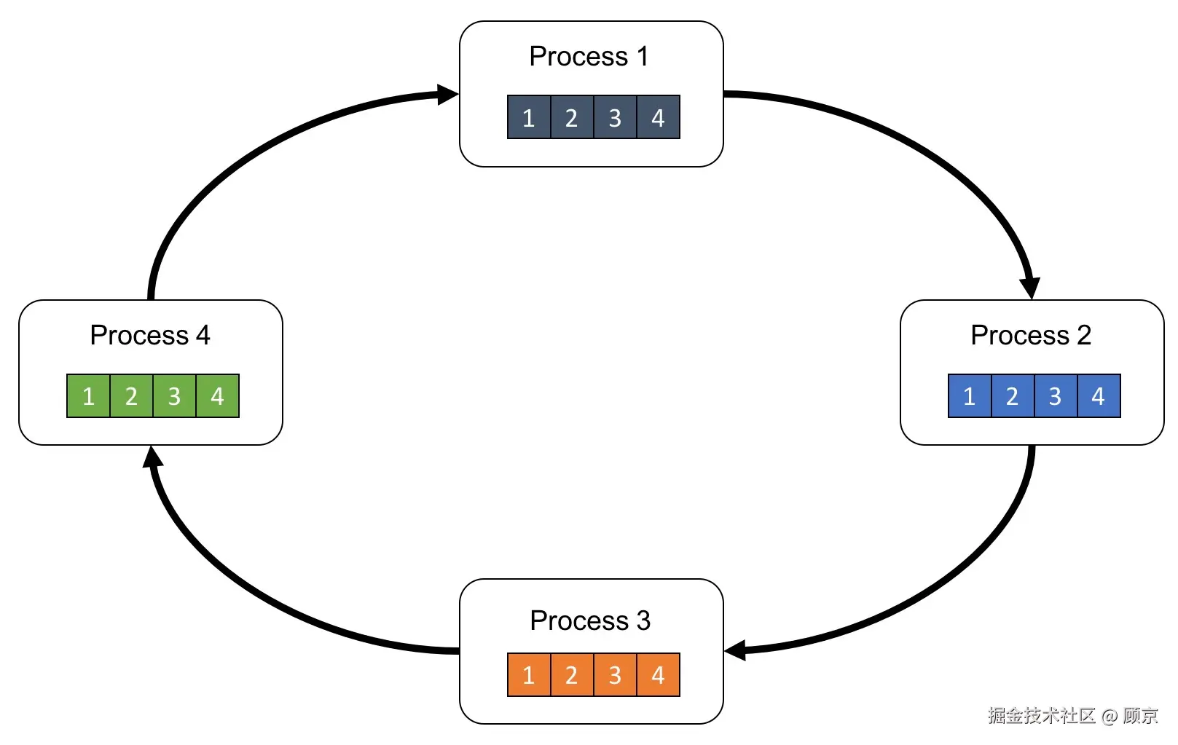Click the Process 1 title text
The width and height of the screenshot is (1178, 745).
point(589,56)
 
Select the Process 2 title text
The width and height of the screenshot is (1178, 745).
point(1031,335)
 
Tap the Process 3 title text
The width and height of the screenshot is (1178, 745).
point(589,620)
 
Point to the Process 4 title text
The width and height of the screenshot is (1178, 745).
point(150,335)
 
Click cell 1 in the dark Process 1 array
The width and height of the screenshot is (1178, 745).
point(529,117)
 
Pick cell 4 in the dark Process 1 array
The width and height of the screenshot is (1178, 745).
point(658,117)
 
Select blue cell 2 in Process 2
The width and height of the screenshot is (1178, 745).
point(1012,396)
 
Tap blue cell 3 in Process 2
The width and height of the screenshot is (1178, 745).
point(1055,396)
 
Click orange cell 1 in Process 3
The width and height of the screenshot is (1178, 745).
point(529,675)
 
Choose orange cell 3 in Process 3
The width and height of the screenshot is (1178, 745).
point(615,675)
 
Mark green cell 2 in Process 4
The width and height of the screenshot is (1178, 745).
point(131,396)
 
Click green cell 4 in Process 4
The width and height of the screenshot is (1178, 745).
point(217,396)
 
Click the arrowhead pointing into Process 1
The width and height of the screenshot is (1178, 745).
point(447,94)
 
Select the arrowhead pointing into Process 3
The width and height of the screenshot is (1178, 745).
point(737,650)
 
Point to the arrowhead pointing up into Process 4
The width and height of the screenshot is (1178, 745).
point(152,457)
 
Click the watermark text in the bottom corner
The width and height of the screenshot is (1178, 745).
point(1072,716)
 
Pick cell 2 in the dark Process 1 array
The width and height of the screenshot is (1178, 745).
point(572,117)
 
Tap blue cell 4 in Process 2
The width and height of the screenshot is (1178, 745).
point(1098,396)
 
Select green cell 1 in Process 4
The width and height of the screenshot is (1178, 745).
point(88,396)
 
